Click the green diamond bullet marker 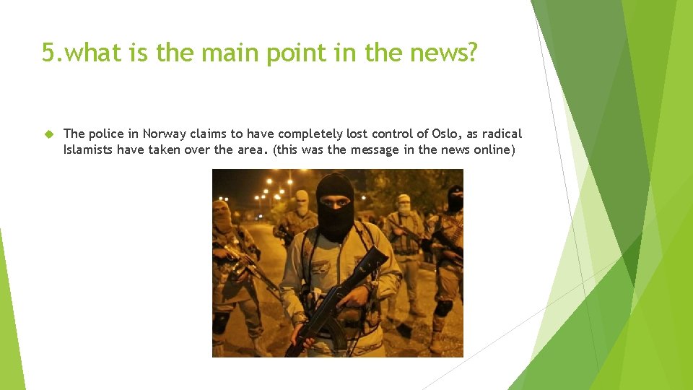pyautogui.click(x=49, y=134)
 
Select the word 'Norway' pyautogui.click(x=162, y=134)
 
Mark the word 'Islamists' pyautogui.click(x=87, y=149)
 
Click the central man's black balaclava pyautogui.click(x=335, y=206)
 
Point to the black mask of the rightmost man pyautogui.click(x=455, y=199)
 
